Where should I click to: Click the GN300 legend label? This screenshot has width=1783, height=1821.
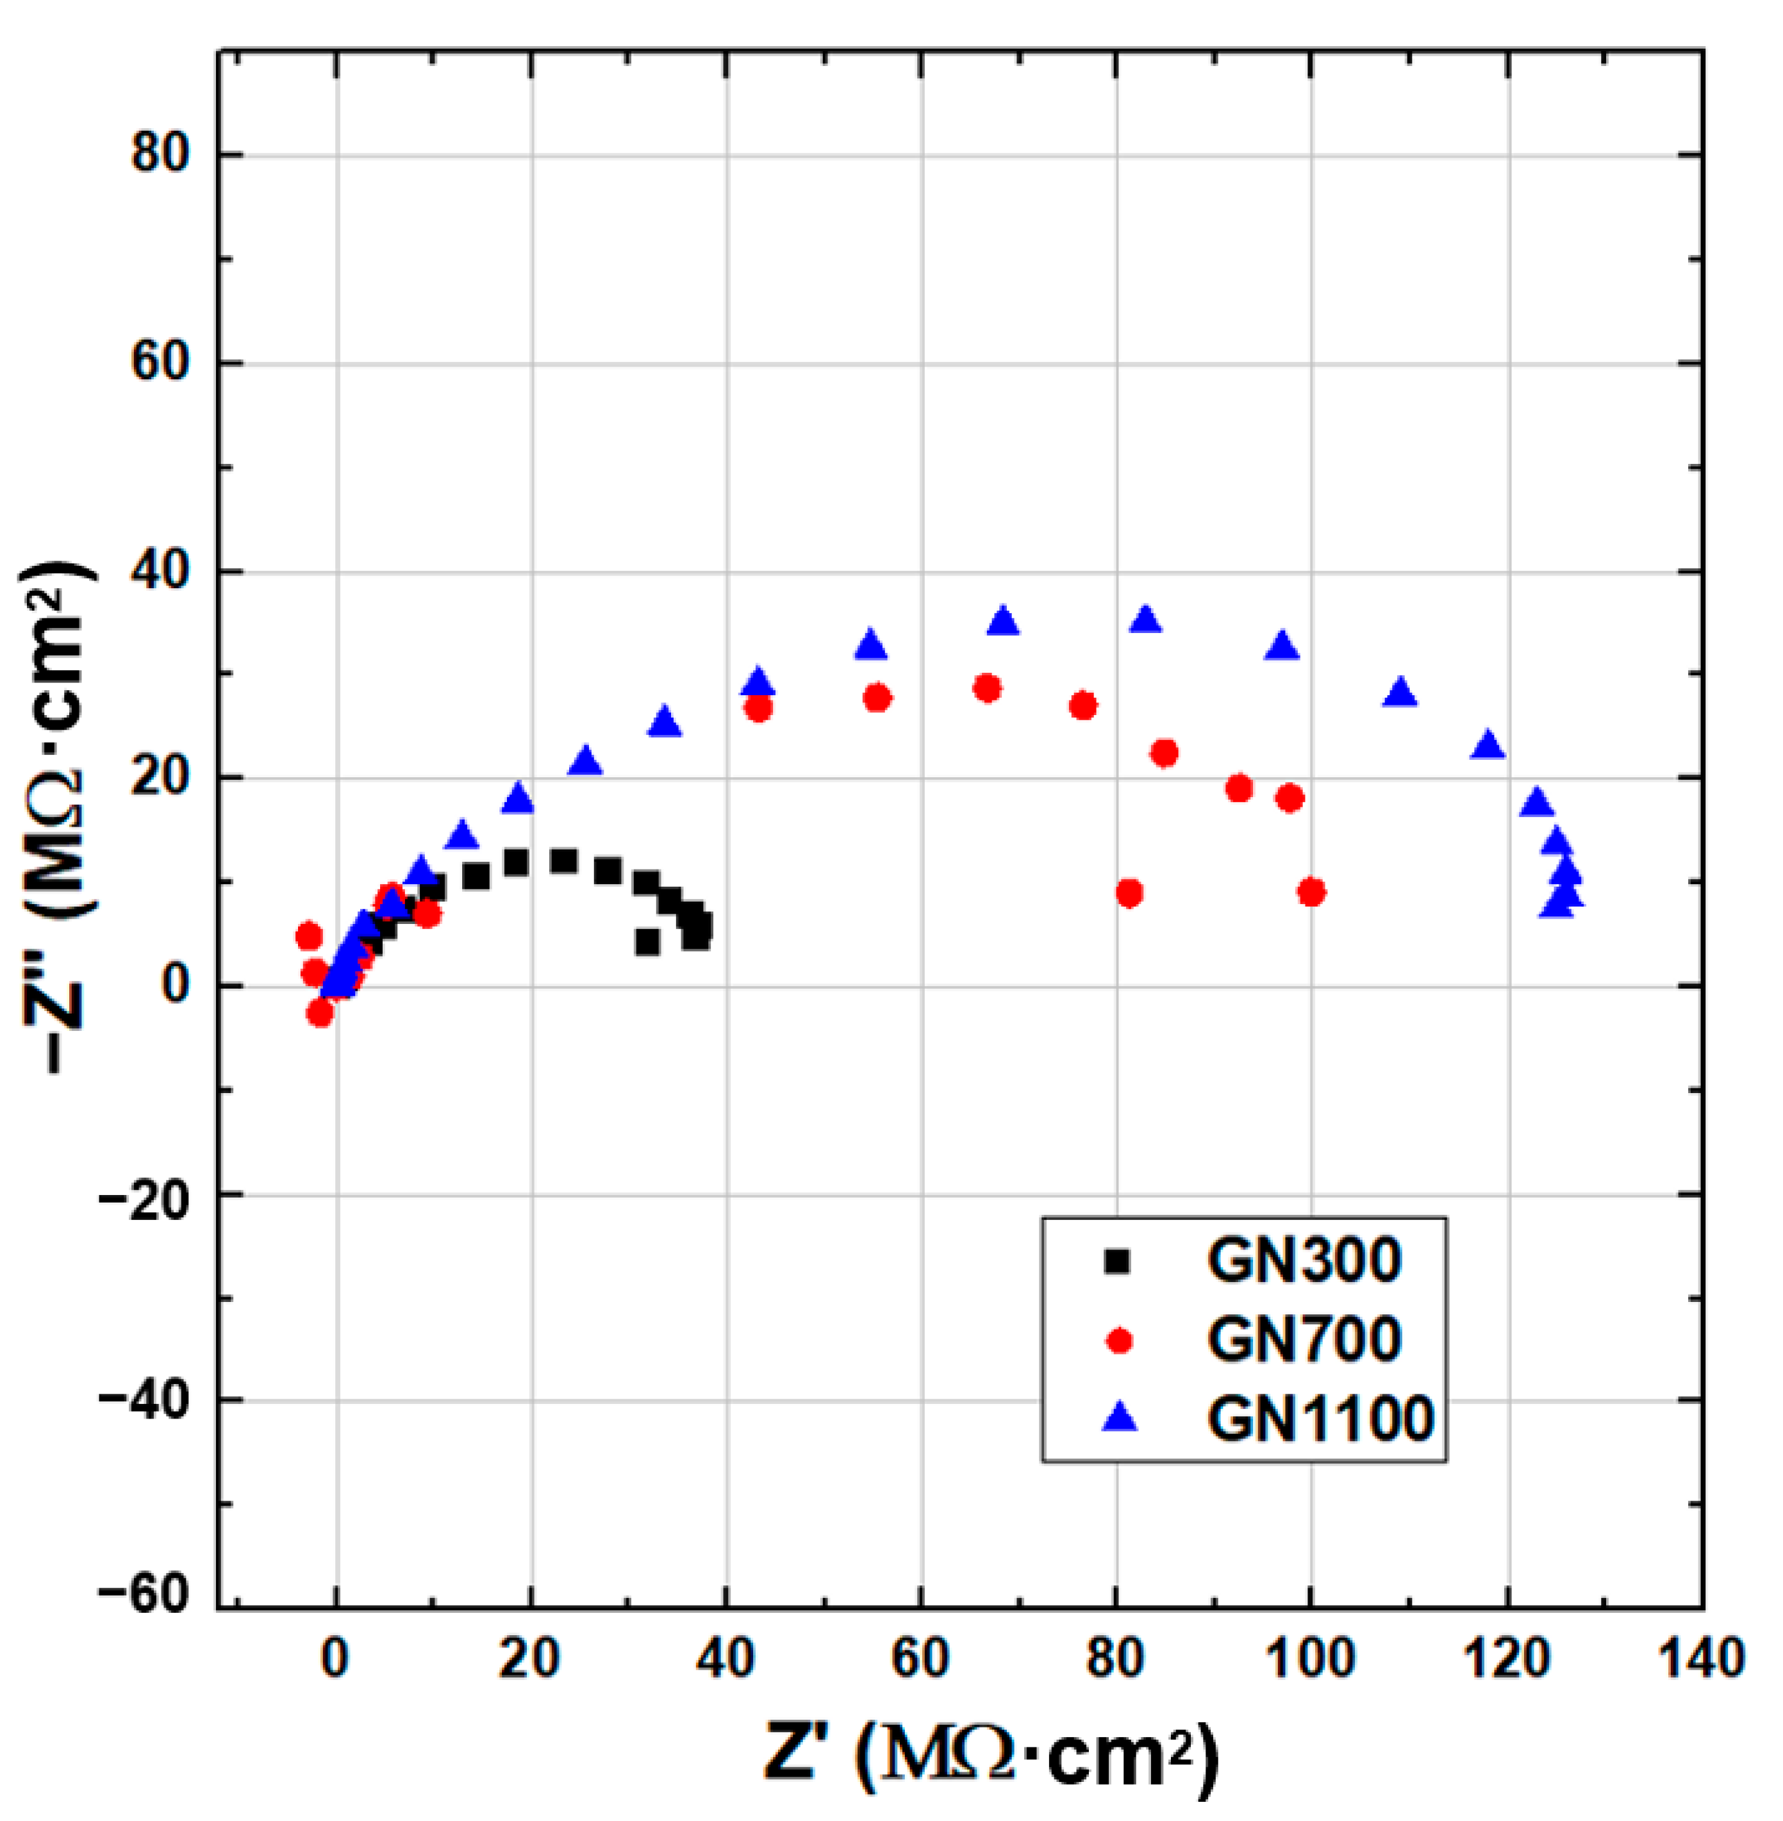1304,1261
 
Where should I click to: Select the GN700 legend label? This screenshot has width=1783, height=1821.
1304,1340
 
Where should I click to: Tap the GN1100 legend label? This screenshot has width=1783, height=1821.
1320,1419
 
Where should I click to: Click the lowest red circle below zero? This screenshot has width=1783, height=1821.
319,1012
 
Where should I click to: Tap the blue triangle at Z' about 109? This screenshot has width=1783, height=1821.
1400,693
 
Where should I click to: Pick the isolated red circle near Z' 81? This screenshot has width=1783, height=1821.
1129,893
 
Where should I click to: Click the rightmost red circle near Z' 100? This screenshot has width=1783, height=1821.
1311,893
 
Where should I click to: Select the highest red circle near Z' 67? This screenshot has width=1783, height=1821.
987,688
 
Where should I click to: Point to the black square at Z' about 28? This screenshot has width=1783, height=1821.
608,871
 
